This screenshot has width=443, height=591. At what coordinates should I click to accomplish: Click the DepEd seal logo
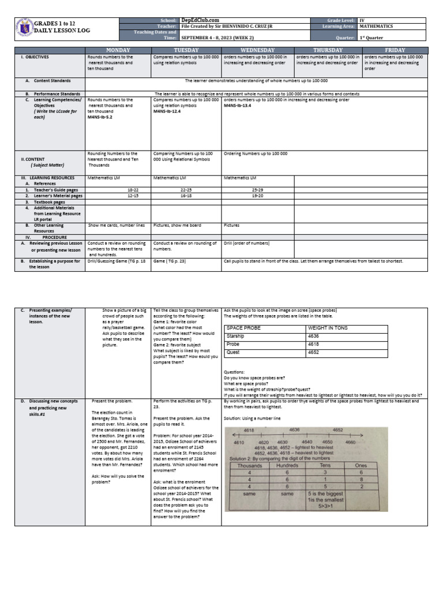click(x=24, y=29)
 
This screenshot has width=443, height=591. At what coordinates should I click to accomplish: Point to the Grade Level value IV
click(x=362, y=20)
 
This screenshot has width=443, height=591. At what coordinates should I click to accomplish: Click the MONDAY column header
click(x=118, y=50)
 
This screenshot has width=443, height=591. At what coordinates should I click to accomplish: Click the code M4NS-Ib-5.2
click(x=100, y=117)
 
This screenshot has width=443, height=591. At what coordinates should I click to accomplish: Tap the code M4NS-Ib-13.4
click(x=238, y=106)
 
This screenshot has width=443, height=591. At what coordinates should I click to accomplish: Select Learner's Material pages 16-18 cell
click(x=186, y=196)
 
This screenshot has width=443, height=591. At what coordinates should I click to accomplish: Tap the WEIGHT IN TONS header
click(x=328, y=327)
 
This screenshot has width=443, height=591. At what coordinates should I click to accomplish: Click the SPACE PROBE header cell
click(x=244, y=327)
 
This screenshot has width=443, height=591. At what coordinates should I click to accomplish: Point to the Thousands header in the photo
click(x=249, y=465)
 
